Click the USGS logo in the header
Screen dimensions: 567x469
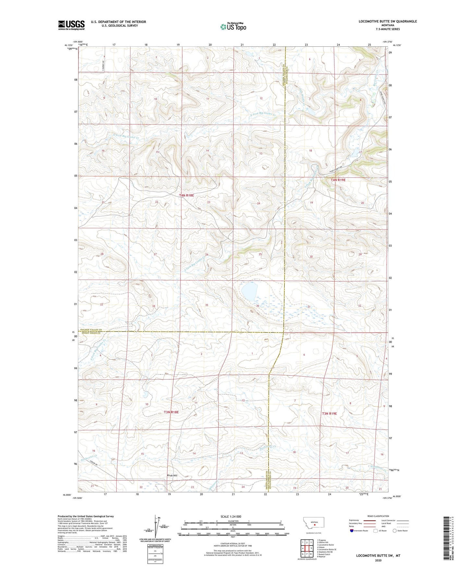(71, 25)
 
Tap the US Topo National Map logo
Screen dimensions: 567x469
(233, 27)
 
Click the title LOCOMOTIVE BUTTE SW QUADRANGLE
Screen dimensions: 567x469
(388, 21)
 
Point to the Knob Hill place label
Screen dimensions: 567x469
(172, 475)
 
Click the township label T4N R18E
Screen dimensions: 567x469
(186, 195)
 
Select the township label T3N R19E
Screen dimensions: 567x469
(329, 413)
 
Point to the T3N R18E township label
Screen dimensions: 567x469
(171, 412)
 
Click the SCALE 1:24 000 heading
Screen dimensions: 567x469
(231, 516)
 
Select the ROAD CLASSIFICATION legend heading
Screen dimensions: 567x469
(378, 516)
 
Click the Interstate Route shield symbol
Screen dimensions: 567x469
(352, 531)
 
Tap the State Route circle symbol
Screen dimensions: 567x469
(394, 531)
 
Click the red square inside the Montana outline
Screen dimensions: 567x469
(315, 524)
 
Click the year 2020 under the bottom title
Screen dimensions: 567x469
(378, 560)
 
